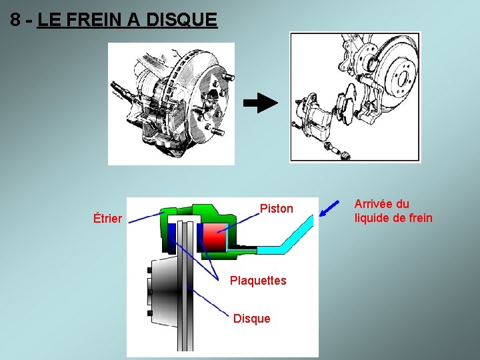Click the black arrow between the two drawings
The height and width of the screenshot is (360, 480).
point(260,103)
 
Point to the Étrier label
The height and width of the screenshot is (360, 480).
point(107,218)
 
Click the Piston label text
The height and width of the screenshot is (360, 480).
point(276,209)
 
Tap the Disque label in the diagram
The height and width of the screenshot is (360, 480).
point(251,319)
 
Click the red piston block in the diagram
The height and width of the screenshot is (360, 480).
point(215,237)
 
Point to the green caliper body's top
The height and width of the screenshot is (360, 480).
point(200,210)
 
